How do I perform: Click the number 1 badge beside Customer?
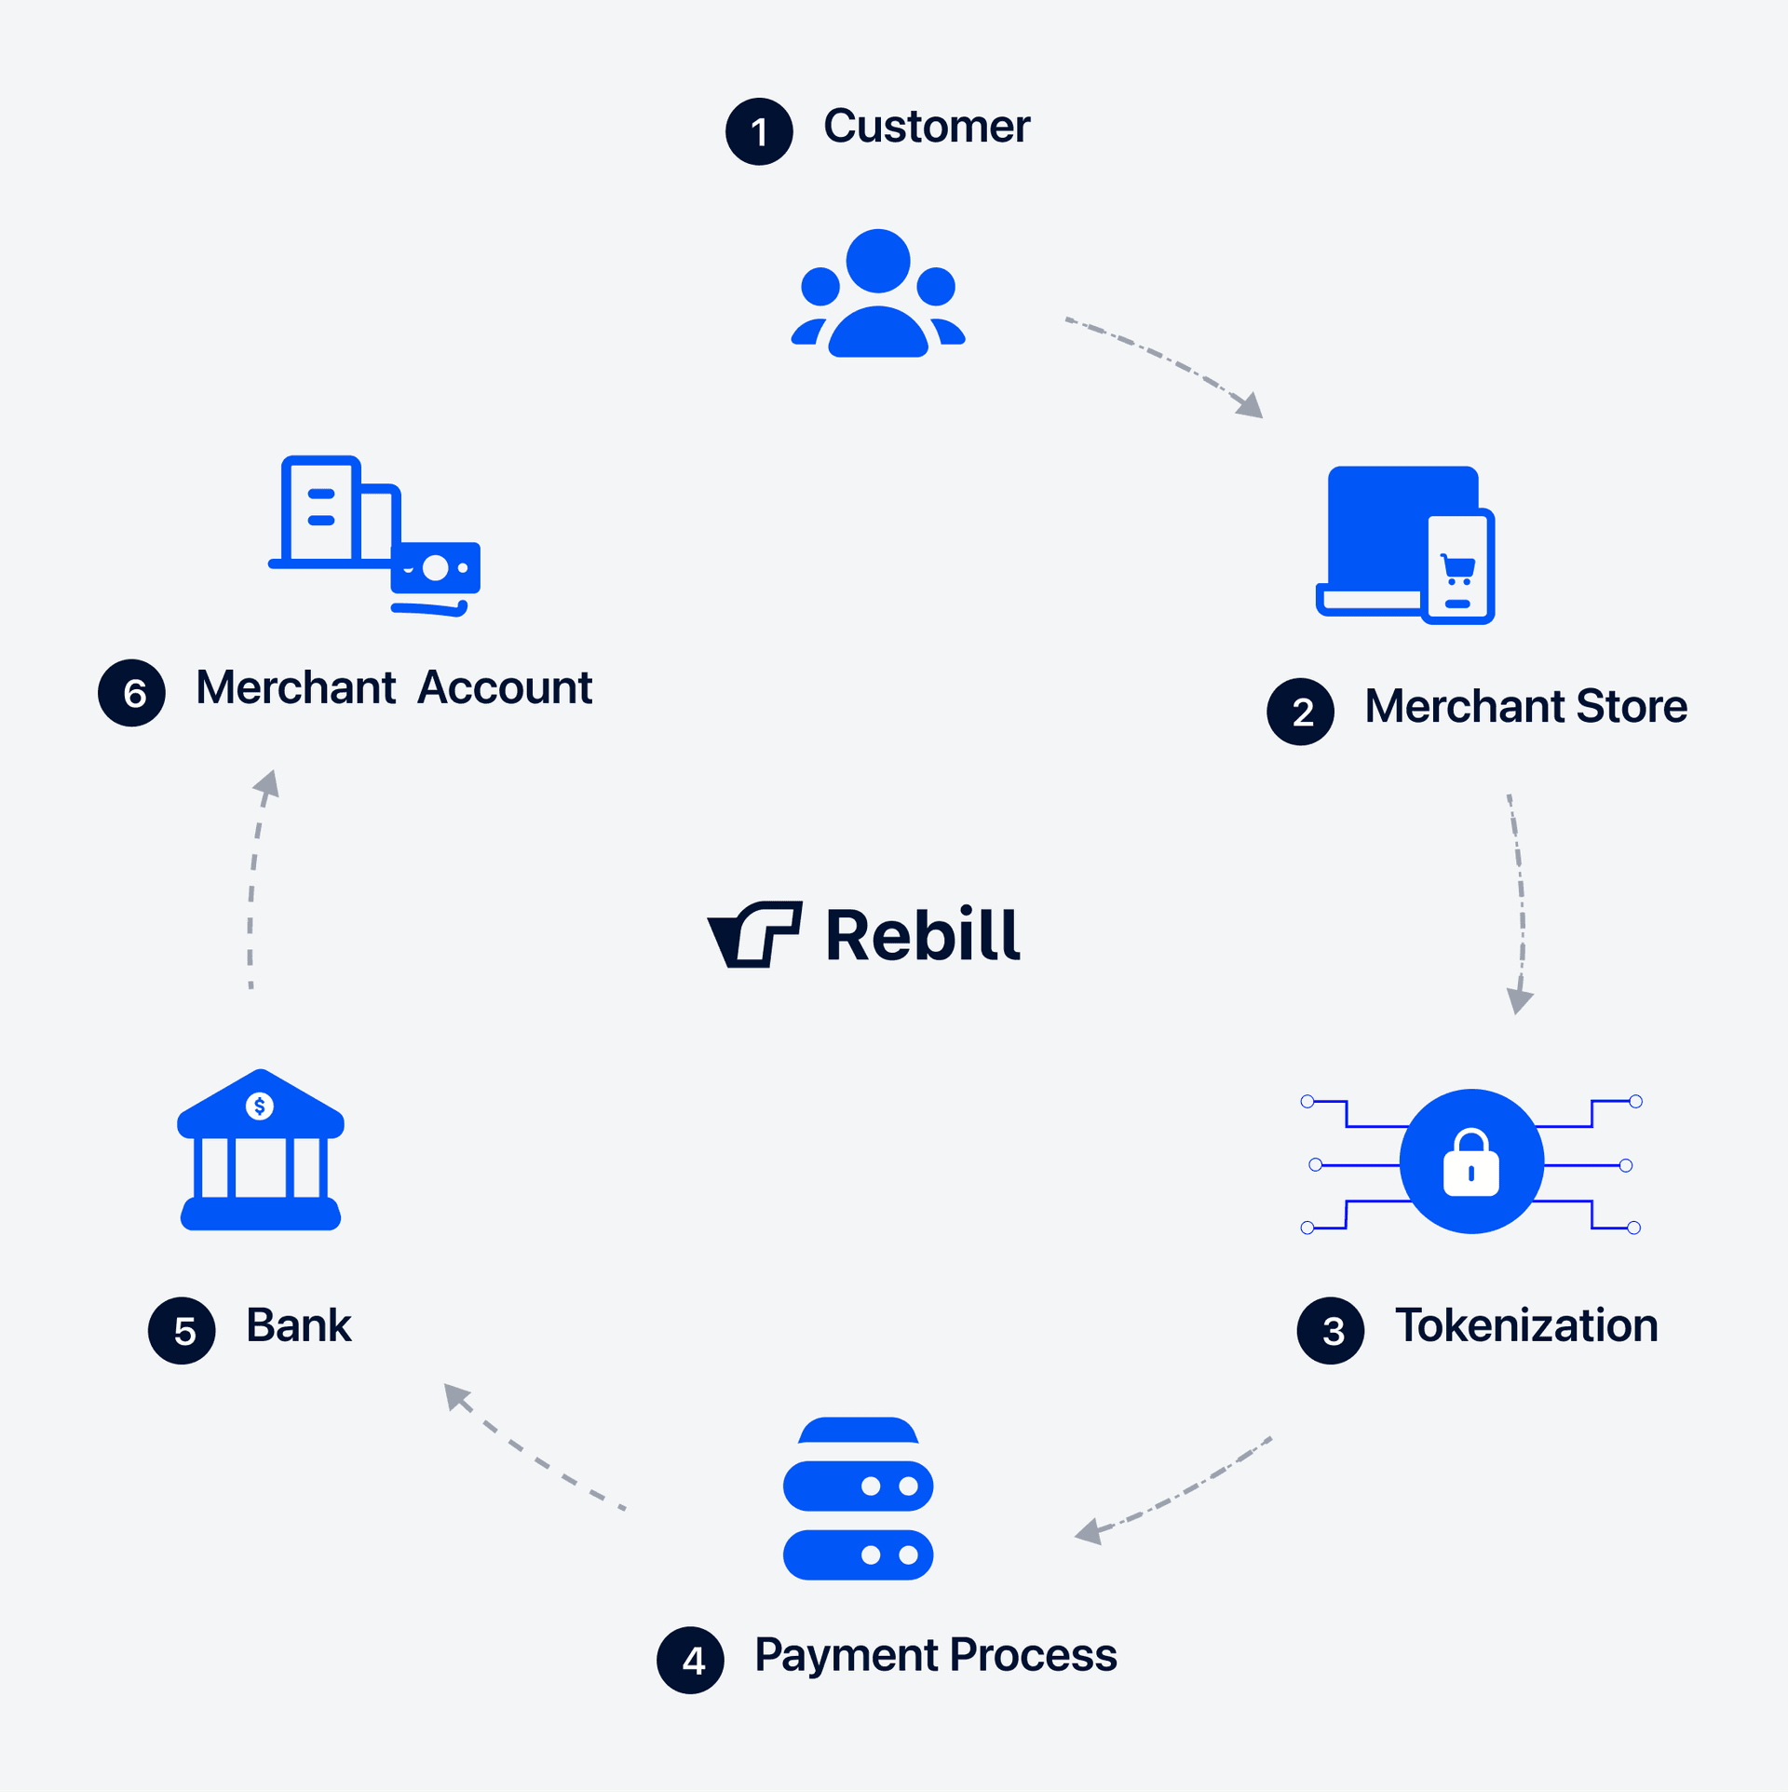point(759,131)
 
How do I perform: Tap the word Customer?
point(927,127)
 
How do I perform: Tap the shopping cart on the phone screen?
point(1457,567)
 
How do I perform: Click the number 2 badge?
point(1300,712)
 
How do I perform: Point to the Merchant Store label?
point(1525,706)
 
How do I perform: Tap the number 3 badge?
point(1330,1330)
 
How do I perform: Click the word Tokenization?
point(1525,1324)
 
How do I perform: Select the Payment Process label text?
point(935,1654)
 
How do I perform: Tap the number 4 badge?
point(690,1660)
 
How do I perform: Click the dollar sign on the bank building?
point(259,1106)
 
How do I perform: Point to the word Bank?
point(298,1324)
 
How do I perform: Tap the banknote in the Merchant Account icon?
point(435,568)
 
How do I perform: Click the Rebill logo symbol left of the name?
point(755,934)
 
